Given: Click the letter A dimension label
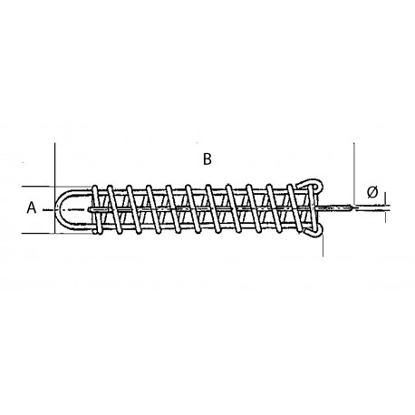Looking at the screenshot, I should tap(31, 208).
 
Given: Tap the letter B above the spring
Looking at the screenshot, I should tap(207, 159).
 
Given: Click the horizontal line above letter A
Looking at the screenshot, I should tap(36, 186).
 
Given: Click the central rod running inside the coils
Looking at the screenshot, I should tap(199, 209).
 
